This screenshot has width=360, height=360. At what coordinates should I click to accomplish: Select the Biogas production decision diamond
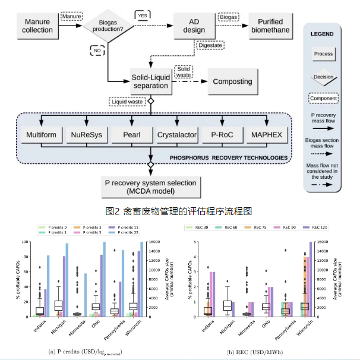[108, 26]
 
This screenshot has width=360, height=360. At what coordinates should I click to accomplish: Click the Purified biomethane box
[270, 26]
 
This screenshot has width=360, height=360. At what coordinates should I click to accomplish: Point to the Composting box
[232, 81]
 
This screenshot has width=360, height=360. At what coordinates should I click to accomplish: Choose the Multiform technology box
[41, 135]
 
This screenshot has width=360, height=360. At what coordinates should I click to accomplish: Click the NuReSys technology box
[84, 135]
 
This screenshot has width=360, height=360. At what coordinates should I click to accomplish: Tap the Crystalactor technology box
[176, 135]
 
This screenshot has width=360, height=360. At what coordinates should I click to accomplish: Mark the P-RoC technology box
[220, 135]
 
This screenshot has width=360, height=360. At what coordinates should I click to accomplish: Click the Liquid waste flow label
[128, 102]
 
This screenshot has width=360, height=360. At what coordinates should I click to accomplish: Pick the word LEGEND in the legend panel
[323, 34]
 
